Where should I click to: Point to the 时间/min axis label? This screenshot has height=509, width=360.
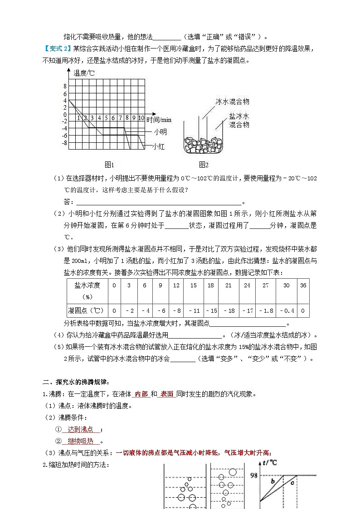pos(159,120)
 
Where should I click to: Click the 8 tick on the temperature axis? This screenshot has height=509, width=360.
pos(65,86)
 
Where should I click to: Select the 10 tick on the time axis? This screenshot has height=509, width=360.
pos(141,118)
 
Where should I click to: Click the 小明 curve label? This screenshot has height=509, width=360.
pos(160,132)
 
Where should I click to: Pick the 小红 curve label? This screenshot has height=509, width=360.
pos(158,146)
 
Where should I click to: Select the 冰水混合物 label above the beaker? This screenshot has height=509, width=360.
pos(233,102)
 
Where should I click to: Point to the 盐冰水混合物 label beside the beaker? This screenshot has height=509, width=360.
pos(239,120)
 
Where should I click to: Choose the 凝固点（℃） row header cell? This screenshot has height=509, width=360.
pos(87,310)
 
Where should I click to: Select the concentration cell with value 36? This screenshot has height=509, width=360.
pos(303,285)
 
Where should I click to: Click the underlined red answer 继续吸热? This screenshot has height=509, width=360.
pos(80,441)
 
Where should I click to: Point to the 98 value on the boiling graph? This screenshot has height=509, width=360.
pos(254,475)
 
